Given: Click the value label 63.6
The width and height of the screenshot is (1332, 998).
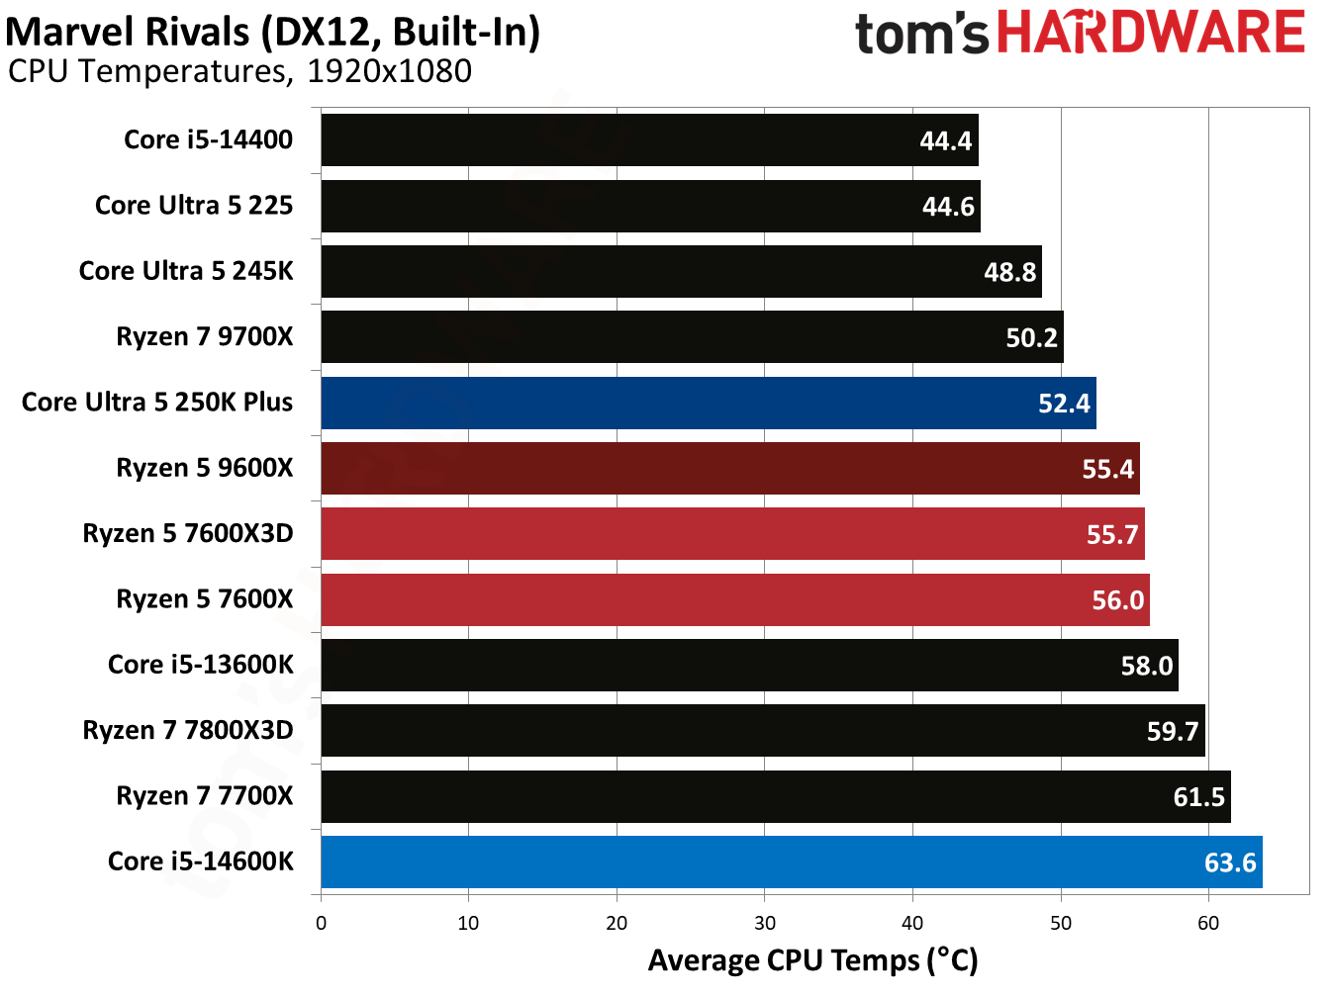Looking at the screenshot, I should pyautogui.click(x=1230, y=862).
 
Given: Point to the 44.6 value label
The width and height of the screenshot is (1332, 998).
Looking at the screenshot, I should pyautogui.click(x=948, y=207).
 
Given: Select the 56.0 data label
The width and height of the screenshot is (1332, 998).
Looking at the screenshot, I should pyautogui.click(x=1117, y=600).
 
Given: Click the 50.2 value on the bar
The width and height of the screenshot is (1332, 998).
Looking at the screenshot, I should pyautogui.click(x=1032, y=338).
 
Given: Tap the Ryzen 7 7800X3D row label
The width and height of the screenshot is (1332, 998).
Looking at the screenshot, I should pyautogui.click(x=188, y=731).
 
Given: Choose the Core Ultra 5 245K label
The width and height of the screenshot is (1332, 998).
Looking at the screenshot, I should pyautogui.click(x=186, y=271).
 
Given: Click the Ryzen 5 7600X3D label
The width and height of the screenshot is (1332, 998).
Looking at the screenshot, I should pyautogui.click(x=188, y=534).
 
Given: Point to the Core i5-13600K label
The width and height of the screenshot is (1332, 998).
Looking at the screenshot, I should pyautogui.click(x=201, y=665).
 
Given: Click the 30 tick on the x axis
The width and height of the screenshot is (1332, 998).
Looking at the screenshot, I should pyautogui.click(x=765, y=924).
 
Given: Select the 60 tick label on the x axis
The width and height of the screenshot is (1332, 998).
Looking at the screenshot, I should pyautogui.click(x=1208, y=924).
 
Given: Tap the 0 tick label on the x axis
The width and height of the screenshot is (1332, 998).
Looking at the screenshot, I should pyautogui.click(x=321, y=924).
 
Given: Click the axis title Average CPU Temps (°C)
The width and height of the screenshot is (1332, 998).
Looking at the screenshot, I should pyautogui.click(x=812, y=960).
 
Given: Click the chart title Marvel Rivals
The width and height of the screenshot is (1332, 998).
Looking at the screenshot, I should pyautogui.click(x=129, y=32).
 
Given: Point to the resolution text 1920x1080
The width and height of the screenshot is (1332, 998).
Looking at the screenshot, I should pyautogui.click(x=389, y=72).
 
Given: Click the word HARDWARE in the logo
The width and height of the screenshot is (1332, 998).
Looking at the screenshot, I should pyautogui.click(x=1150, y=33).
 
